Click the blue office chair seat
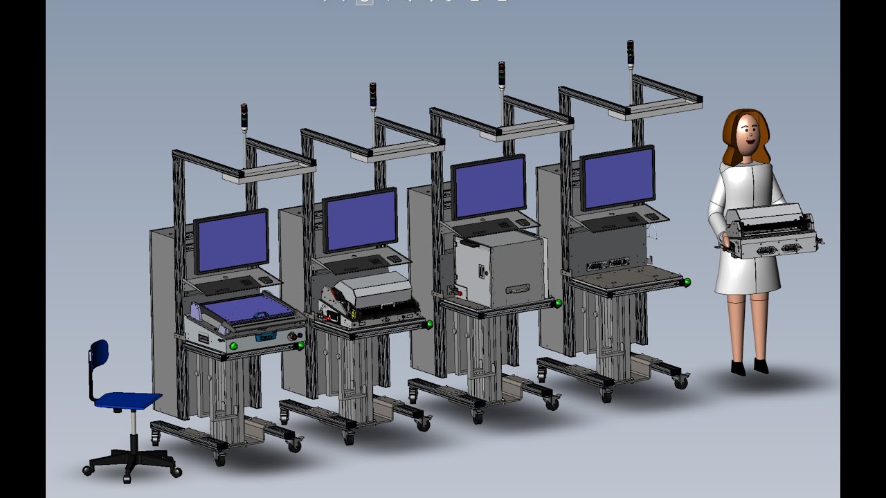[127, 400]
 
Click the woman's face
[746, 135]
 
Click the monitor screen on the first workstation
[231, 240]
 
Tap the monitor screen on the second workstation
[361, 220]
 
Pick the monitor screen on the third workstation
[489, 187]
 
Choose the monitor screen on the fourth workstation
[618, 177]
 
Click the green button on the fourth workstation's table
[687, 282]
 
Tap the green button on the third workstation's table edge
[558, 302]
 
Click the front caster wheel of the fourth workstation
[606, 396]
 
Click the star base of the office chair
[132, 460]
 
